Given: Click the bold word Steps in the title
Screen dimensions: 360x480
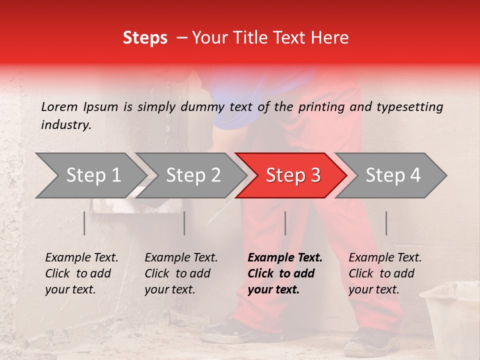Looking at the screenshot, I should coord(145,38).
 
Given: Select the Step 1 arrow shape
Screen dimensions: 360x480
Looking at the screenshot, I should coord(90,175).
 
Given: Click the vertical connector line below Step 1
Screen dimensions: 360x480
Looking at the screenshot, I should coord(84,223).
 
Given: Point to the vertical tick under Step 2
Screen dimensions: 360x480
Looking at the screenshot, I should coord(184,223).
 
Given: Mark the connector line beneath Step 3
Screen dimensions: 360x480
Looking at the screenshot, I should coord(285,223).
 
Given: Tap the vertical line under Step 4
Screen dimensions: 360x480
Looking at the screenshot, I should coord(386,223).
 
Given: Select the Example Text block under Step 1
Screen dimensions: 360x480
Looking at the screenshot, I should coord(81,273).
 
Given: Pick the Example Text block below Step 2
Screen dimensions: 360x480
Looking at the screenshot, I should coord(181,273).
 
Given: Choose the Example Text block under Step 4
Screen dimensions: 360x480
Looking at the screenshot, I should coord(385,273).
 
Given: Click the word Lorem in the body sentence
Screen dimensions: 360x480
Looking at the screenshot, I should coord(59,107).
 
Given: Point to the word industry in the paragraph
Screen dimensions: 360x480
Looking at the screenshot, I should coord(66,125).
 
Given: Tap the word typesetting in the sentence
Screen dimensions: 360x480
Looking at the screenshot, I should coord(409,107).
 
